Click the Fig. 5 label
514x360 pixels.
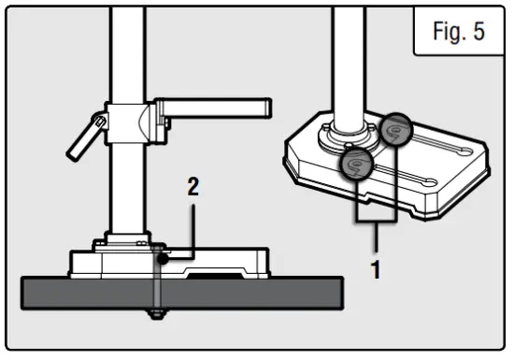pyautogui.click(x=459, y=32)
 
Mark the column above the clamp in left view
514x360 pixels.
pyautogui.click(x=127, y=47)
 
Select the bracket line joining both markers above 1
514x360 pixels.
pyautogui.click(x=378, y=223)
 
